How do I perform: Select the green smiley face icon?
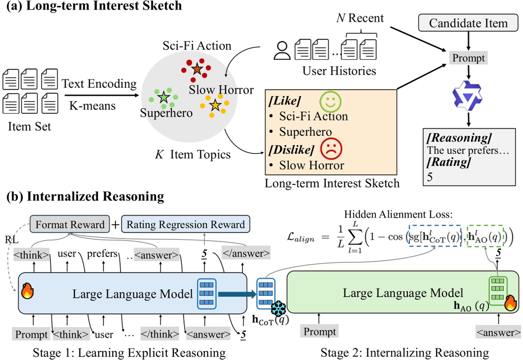click(331, 101)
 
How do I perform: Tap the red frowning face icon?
click(331, 148)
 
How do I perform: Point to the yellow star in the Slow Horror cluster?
click(215, 105)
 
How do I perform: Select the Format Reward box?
click(70, 225)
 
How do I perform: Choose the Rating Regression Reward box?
click(185, 225)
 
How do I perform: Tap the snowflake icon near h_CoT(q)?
click(278, 309)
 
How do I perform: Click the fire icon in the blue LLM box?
click(28, 291)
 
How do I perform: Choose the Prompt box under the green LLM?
click(319, 332)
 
